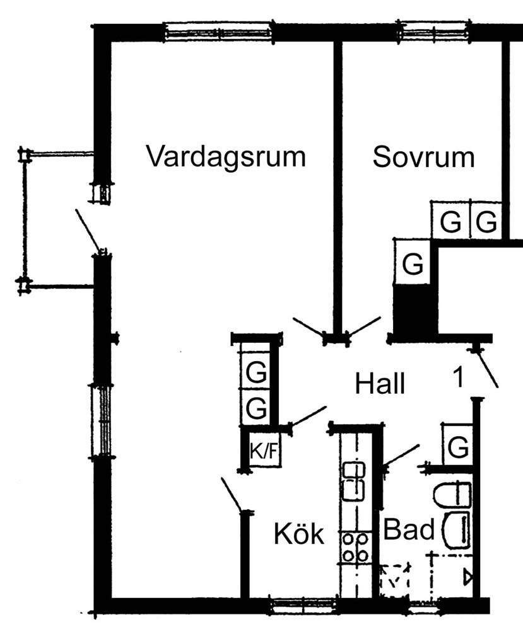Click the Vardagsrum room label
click(x=226, y=156)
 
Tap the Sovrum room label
click(x=423, y=156)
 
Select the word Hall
click(x=380, y=383)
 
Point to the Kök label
click(x=298, y=534)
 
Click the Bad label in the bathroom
click(x=409, y=529)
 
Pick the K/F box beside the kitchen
click(x=264, y=451)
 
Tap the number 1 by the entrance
click(x=459, y=377)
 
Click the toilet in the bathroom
click(x=453, y=495)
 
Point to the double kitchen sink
click(x=354, y=480)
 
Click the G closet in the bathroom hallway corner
click(x=459, y=447)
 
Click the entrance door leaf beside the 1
click(x=488, y=369)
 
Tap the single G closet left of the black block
click(x=413, y=263)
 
